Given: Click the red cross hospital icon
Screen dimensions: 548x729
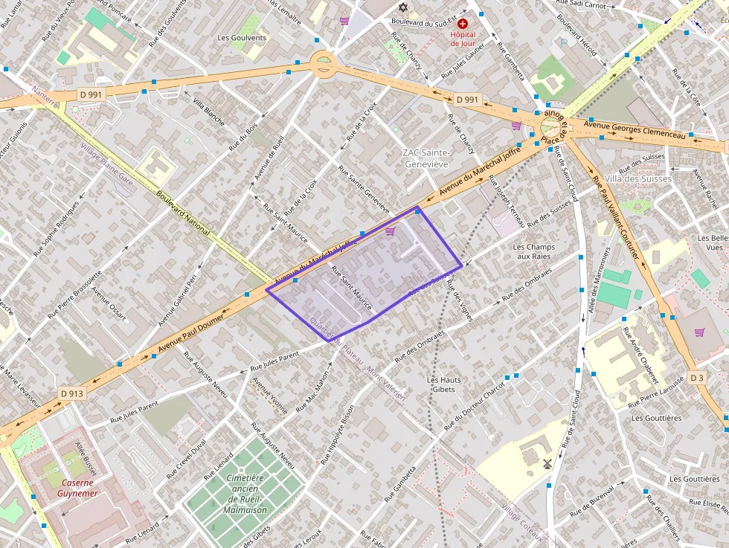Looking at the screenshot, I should (463, 25).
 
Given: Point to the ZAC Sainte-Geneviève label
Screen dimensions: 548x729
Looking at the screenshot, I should (425, 158).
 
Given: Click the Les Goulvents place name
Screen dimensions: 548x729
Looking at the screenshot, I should (242, 37).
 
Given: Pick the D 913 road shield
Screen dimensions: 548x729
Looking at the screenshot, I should (72, 393).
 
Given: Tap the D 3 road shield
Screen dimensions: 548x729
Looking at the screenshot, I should (696, 378).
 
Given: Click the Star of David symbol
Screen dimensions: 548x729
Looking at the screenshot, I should (403, 7).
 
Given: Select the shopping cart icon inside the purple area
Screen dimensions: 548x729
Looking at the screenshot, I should (390, 231).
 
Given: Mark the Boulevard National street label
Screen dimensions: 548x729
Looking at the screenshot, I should (183, 216).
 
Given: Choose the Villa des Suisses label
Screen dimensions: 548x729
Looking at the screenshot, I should (638, 178).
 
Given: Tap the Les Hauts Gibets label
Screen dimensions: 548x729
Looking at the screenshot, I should (444, 384).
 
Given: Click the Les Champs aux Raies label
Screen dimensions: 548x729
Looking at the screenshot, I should (534, 251).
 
